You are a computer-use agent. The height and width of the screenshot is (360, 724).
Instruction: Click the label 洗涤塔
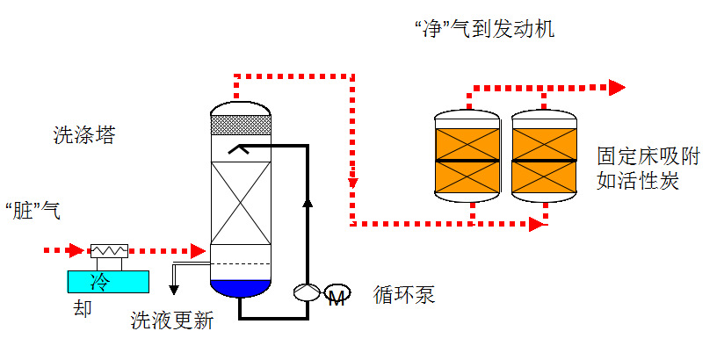(x=83, y=135)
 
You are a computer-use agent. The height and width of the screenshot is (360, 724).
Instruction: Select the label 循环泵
(x=403, y=294)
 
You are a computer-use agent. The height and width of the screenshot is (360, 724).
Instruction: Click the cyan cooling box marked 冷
(x=108, y=280)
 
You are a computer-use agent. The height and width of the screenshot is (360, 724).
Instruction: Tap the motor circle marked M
(x=337, y=294)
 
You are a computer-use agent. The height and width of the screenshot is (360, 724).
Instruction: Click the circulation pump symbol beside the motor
(x=307, y=292)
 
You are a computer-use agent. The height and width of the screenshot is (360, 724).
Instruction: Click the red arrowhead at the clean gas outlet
(x=618, y=87)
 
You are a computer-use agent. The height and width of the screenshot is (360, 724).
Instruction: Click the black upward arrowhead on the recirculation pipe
(x=307, y=204)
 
